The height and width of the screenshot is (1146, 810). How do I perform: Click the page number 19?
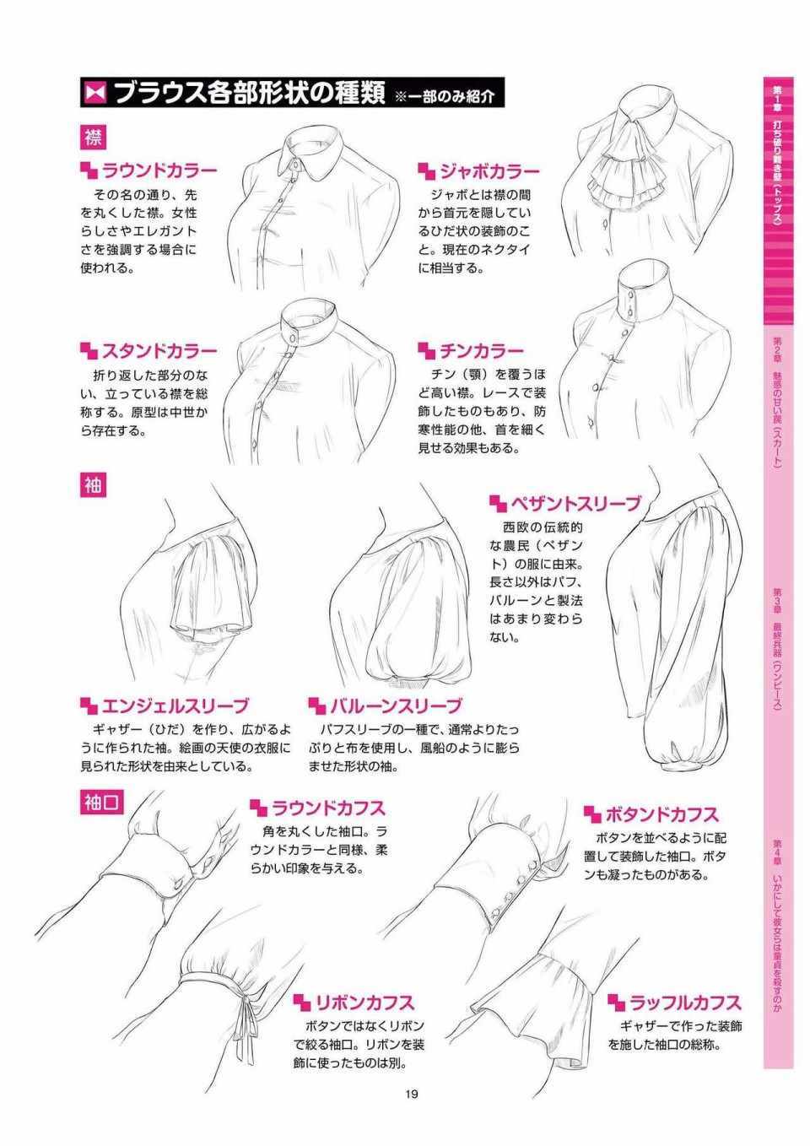coord(411,1095)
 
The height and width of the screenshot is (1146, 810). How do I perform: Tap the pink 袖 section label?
coord(93,484)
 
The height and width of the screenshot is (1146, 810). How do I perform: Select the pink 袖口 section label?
coord(102,803)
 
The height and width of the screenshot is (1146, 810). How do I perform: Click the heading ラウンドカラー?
coord(159,170)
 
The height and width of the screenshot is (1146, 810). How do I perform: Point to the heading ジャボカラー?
coord(490,171)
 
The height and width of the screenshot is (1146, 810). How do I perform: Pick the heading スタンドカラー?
coord(159,351)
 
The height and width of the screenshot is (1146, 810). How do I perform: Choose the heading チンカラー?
coord(482,351)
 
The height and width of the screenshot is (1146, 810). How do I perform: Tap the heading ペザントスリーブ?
coord(575,504)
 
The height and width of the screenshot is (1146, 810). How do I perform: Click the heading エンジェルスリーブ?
coord(175,706)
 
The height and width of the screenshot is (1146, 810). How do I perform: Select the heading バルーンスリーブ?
coord(396,706)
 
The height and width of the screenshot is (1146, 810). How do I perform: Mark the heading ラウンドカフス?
coord(328,808)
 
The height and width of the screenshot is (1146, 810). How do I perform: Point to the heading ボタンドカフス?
coord(662,814)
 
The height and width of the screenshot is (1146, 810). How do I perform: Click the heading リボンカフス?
coord(365,1003)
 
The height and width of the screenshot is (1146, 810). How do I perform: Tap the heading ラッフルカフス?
coord(685,1003)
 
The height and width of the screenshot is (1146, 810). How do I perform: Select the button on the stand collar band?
coord(293,338)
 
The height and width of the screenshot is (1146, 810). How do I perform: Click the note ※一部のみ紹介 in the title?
coord(445,96)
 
